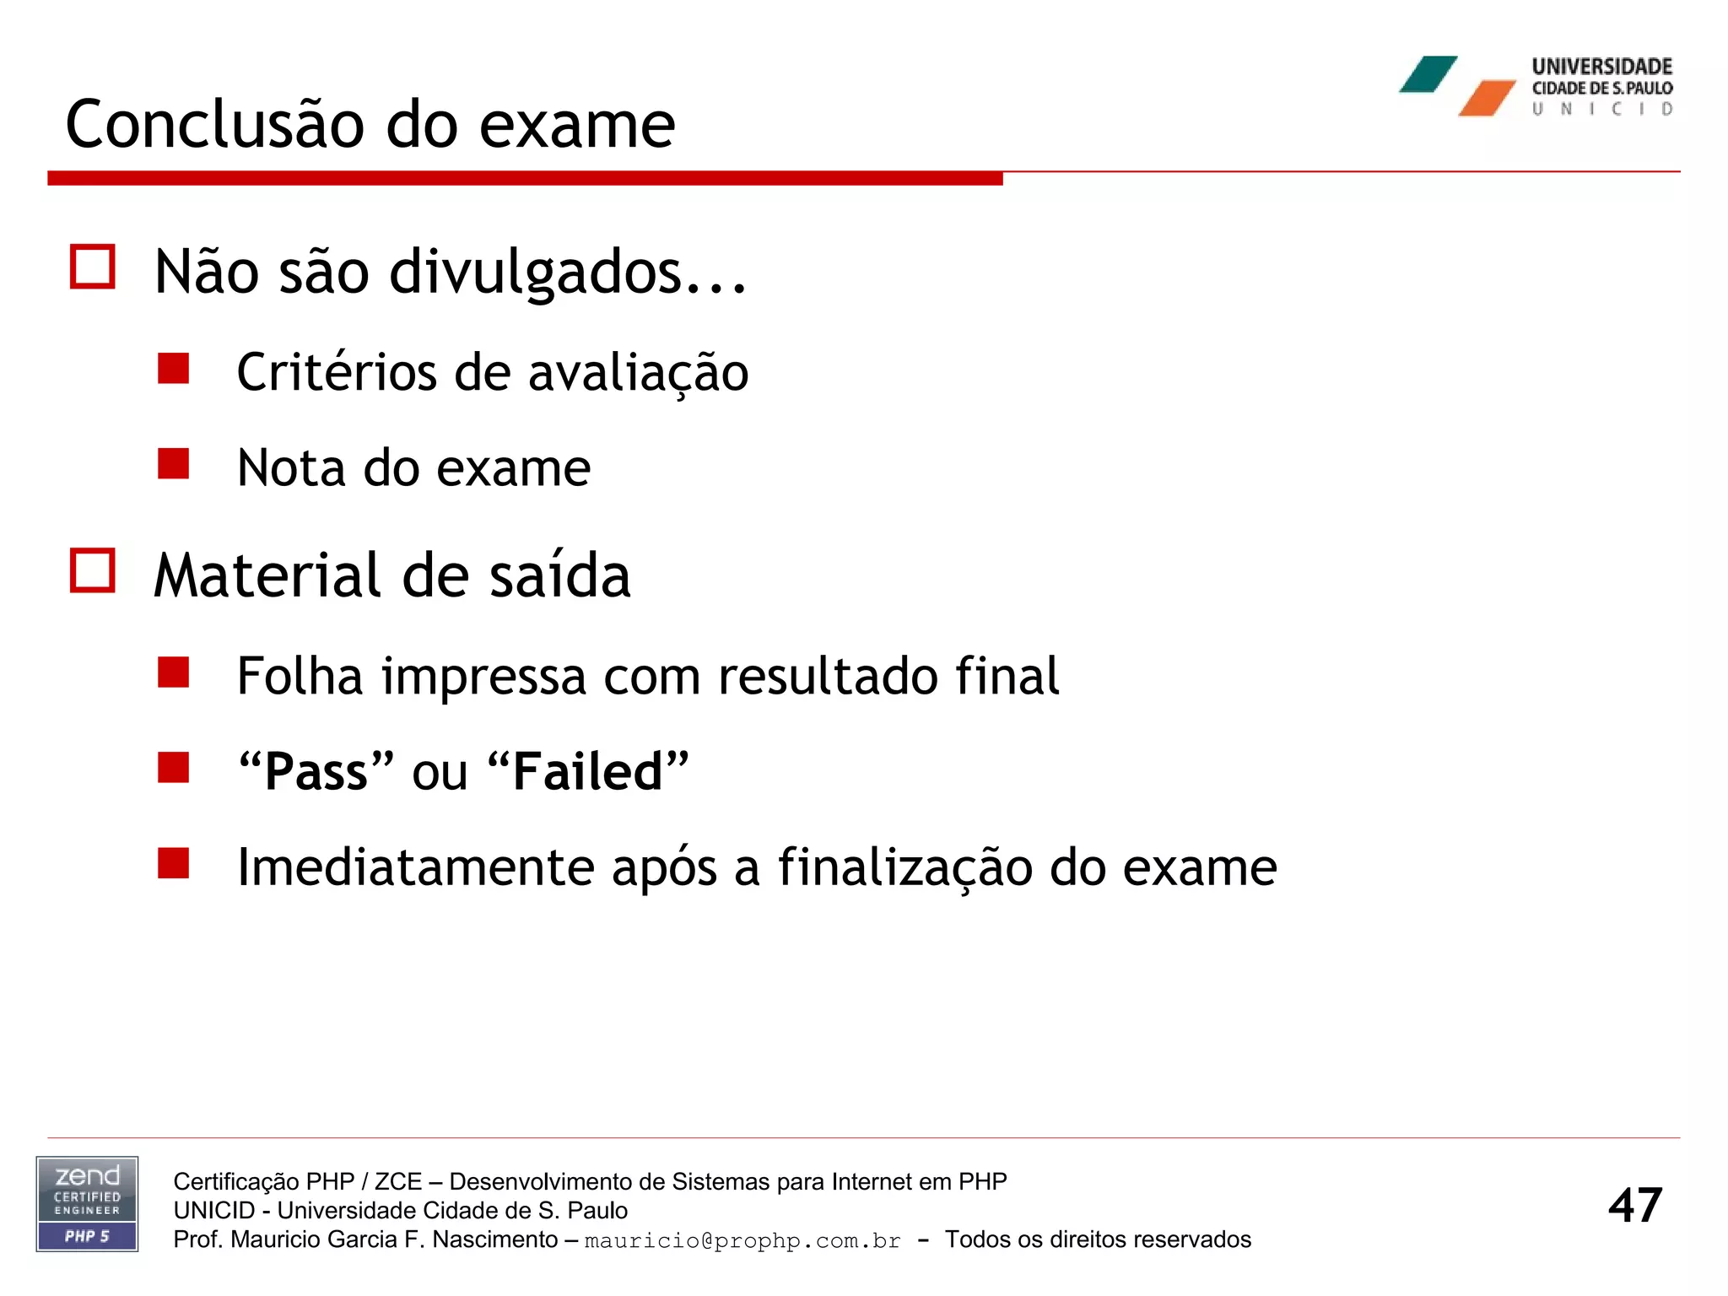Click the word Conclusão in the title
216,125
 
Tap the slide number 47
1634,1205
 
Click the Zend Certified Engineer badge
87,1204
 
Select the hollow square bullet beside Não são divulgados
93,267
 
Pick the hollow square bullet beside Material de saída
93,571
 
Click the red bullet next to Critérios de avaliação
173,369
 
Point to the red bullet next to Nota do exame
173,464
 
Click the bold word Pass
316,771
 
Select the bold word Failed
588,771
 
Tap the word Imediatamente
416,867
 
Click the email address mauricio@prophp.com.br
742,1240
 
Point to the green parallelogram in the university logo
1428,74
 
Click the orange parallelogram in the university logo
1487,98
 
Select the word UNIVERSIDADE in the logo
1601,67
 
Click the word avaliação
638,373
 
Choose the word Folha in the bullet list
300,676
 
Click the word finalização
904,867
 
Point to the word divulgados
535,272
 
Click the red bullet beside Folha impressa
173,673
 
